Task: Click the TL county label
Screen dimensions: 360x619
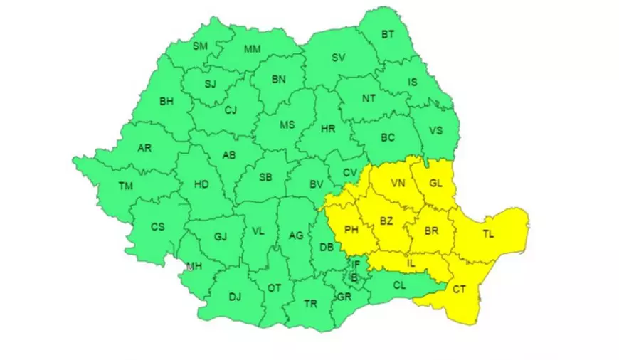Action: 489,233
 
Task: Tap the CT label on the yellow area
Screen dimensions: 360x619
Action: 459,289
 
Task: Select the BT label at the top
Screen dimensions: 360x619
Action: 388,34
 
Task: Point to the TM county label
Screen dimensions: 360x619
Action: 126,186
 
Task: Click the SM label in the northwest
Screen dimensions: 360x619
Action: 201,46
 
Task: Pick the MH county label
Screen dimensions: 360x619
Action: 194,267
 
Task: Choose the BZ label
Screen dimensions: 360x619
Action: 386,221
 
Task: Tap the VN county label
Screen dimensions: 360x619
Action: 398,184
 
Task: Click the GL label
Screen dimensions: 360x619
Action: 436,184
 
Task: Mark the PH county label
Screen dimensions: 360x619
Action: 351,229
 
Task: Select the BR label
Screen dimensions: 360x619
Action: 430,231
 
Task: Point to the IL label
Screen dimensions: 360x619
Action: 411,263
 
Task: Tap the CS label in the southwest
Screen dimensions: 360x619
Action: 157,226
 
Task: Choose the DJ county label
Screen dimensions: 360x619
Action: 235,297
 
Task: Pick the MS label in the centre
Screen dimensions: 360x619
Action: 287,125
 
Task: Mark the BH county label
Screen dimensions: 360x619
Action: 166,101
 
